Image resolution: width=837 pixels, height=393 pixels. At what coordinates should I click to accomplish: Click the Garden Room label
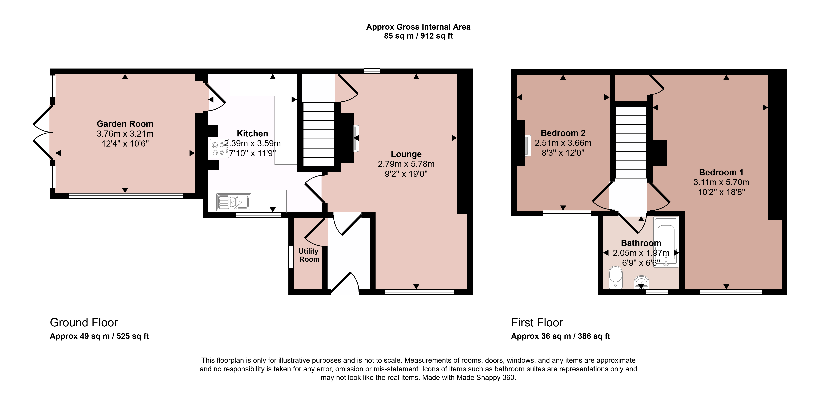125,124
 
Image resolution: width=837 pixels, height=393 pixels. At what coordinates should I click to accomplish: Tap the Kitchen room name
252,133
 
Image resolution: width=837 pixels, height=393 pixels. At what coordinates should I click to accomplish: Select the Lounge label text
406,154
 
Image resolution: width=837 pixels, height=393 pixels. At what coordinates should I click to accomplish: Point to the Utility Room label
309,255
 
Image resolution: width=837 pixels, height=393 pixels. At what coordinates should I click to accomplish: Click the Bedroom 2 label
563,133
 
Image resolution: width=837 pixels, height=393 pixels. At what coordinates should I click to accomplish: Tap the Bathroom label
641,243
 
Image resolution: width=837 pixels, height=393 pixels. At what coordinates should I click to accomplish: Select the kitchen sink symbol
234,202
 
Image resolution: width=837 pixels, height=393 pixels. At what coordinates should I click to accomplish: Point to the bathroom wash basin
641,282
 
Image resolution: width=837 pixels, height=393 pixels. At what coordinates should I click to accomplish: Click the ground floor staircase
319,134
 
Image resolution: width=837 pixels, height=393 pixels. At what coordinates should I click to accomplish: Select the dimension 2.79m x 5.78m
406,164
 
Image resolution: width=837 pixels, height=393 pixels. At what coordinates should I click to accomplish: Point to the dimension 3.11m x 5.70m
721,182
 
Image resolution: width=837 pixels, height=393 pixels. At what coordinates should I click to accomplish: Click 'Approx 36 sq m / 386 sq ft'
560,336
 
